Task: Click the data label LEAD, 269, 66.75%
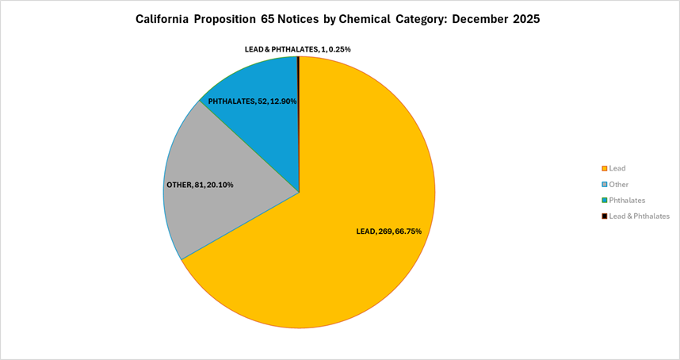pyautogui.click(x=389, y=231)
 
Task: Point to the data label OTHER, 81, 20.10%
pyautogui.click(x=200, y=185)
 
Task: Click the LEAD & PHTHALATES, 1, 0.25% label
pyautogui.click(x=298, y=49)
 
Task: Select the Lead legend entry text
pyautogui.click(x=617, y=168)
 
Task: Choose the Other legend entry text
pyautogui.click(x=619, y=184)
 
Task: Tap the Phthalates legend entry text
pyautogui.click(x=627, y=200)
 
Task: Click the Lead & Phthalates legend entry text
pyautogui.click(x=640, y=216)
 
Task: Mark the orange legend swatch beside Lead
pyautogui.click(x=604, y=168)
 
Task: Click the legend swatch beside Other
pyautogui.click(x=604, y=184)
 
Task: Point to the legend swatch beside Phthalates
pyautogui.click(x=604, y=200)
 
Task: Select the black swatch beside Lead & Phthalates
pyautogui.click(x=604, y=216)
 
